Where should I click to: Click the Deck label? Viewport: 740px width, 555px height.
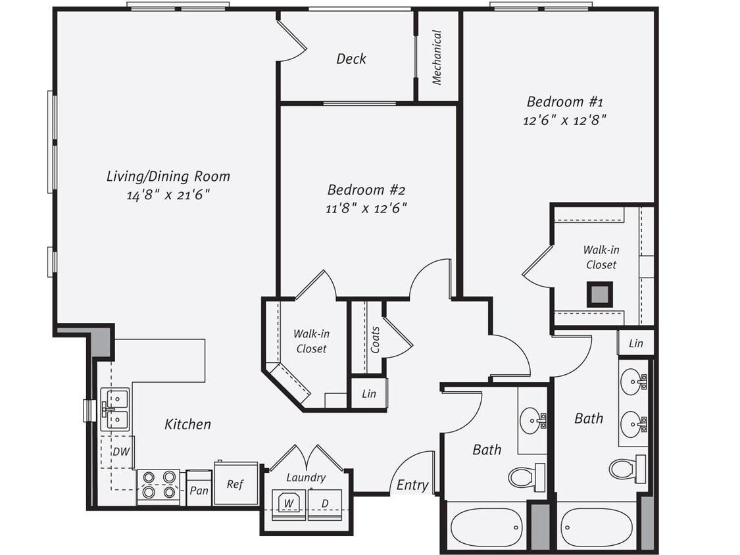pos(351,59)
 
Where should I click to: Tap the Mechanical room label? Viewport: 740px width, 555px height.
pos(437,57)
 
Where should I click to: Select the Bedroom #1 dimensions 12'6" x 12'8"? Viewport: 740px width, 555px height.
pos(564,120)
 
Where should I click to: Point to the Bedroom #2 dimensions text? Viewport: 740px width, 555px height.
pos(367,208)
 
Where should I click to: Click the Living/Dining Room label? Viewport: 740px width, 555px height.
pos(168,176)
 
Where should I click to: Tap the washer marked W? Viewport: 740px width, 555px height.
pos(288,504)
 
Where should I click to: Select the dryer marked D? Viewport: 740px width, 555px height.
pos(325,504)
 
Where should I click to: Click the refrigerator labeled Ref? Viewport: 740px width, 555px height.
pos(235,484)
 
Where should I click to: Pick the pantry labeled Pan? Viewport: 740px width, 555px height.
pos(199,491)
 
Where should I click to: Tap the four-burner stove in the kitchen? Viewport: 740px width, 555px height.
pos(158,485)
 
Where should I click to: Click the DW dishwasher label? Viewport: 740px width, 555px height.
pos(120,452)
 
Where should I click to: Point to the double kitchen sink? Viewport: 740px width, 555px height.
pos(114,408)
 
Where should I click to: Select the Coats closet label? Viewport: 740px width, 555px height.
pos(375,339)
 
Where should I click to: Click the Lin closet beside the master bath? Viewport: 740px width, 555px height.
pos(635,343)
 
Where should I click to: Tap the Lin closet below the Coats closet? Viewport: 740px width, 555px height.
pos(369,394)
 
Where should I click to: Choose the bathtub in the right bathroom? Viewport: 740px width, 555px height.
pos(597,526)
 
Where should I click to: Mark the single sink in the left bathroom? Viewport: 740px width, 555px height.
pos(531,420)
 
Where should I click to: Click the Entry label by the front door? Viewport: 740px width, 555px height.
pos(412,485)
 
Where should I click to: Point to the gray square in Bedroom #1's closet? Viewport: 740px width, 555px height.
pos(599,294)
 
